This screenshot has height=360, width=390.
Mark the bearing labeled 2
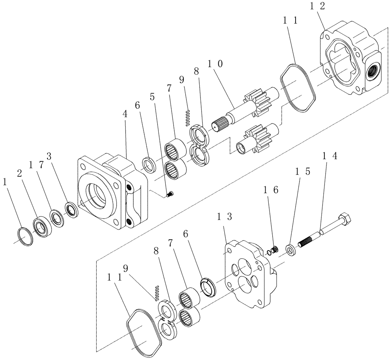41,226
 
